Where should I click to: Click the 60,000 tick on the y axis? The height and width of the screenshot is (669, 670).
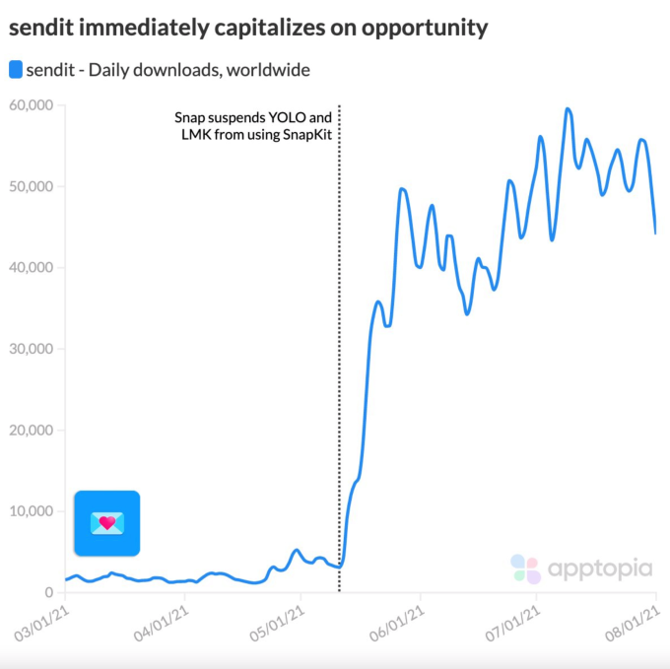pyautogui.click(x=32, y=105)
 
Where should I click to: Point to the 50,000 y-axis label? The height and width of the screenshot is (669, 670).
pyautogui.click(x=32, y=186)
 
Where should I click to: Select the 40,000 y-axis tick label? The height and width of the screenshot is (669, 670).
pyautogui.click(x=32, y=268)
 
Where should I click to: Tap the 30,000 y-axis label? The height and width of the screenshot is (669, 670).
pyautogui.click(x=32, y=349)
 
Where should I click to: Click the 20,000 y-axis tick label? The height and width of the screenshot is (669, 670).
pyautogui.click(x=32, y=431)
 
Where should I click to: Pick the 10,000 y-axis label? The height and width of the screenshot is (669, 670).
pyautogui.click(x=32, y=511)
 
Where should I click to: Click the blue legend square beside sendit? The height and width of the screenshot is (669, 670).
pyautogui.click(x=15, y=70)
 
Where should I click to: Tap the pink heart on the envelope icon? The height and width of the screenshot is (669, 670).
pyautogui.click(x=106, y=520)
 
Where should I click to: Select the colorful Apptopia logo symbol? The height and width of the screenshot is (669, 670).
pyautogui.click(x=525, y=569)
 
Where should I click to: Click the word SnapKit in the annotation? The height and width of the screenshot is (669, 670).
pyautogui.click(x=301, y=135)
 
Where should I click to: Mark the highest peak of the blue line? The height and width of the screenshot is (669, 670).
pyautogui.click(x=569, y=108)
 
